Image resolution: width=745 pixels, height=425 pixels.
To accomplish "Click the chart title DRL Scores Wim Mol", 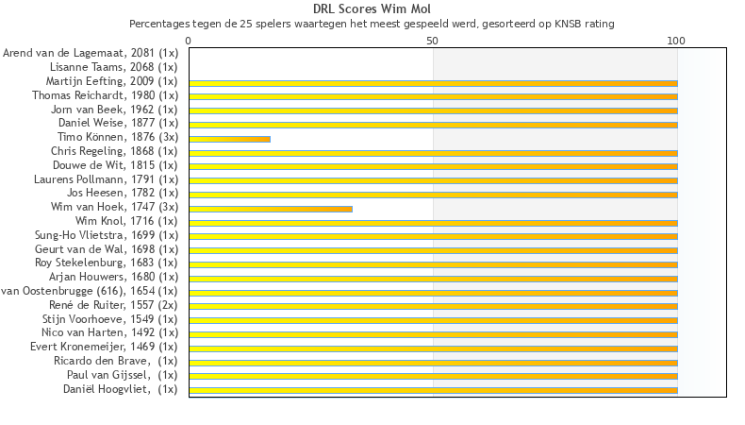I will [372, 9].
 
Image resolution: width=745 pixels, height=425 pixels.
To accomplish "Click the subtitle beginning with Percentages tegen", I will [372, 23].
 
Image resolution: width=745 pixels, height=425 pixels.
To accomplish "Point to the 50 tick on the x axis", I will [433, 41].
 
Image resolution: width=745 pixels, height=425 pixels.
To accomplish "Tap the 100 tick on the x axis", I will [676, 41].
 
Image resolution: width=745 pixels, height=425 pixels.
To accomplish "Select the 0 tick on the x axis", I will [190, 41].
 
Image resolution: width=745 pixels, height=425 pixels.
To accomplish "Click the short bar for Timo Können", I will [229, 139].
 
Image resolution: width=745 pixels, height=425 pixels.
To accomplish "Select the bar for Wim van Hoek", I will [271, 209].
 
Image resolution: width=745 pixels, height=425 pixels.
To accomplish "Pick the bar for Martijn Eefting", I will [433, 83].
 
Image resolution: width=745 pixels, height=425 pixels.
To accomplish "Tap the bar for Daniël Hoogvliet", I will [433, 390].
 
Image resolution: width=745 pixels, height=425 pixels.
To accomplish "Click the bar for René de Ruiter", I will [433, 306].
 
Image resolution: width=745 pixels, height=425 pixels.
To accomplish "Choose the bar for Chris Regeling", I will [433, 153].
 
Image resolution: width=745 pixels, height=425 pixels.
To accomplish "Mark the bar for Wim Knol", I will [433, 223].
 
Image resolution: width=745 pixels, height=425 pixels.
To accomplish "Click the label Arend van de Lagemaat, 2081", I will [91, 53].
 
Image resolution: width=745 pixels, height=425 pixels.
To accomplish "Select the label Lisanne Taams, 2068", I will [113, 67].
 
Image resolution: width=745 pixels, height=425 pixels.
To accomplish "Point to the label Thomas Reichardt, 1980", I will [105, 95].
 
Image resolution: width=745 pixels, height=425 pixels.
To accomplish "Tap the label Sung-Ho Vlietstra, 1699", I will [106, 235].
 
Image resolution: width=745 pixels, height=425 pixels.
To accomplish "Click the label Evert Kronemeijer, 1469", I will [104, 347].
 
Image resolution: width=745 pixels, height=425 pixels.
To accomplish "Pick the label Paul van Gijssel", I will [122, 375].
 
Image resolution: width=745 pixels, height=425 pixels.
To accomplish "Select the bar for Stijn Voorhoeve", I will [433, 320].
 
